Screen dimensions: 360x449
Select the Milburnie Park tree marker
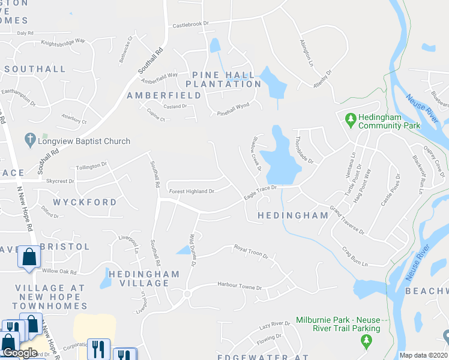(366, 341)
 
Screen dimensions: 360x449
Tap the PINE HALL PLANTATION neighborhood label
(224, 79)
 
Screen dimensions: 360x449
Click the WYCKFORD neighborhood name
(85, 202)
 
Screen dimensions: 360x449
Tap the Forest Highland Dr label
(191, 191)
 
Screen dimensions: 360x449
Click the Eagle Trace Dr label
(259, 191)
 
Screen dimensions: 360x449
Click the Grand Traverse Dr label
(346, 221)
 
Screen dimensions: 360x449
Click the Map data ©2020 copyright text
(424, 355)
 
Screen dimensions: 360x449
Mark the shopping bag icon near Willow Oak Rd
(28, 257)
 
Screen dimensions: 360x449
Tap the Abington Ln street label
(306, 53)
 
